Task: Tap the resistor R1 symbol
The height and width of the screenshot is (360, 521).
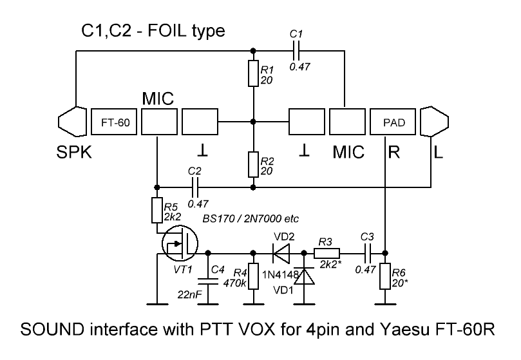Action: (253, 73)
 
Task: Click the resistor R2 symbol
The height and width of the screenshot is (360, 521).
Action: (253, 166)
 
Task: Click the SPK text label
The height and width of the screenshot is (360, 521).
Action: (72, 153)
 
